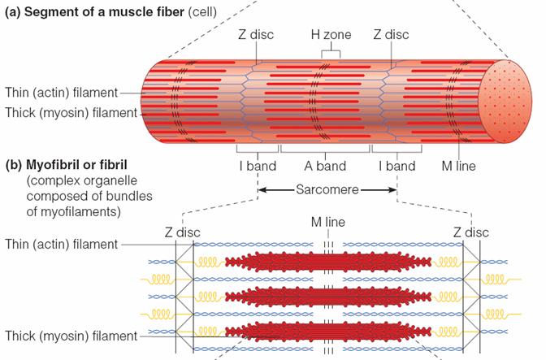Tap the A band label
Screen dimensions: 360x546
326,167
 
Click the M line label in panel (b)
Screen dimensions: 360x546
328,221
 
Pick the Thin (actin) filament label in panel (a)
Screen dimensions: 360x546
61,93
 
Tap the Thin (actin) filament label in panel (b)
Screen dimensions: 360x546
61,244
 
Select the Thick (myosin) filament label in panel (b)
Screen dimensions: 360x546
69,336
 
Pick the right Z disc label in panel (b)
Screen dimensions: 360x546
470,232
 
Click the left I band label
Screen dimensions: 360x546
258,167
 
